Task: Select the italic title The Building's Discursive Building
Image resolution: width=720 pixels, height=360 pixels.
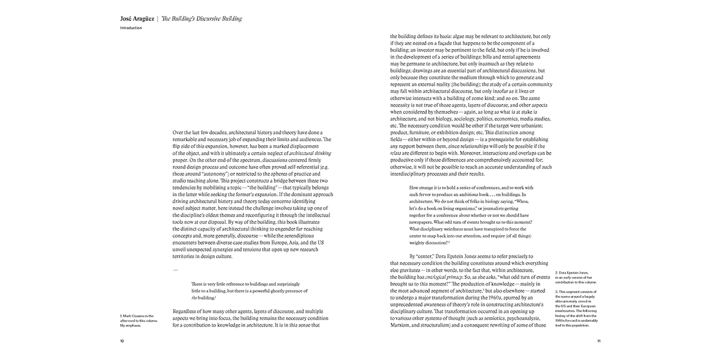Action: pyautogui.click(x=201, y=19)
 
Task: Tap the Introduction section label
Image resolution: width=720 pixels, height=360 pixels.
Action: pyautogui.click(x=131, y=28)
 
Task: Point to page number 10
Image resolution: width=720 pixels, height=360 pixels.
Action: pyautogui.click(x=122, y=341)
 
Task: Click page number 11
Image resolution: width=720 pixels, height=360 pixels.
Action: pyautogui.click(x=599, y=341)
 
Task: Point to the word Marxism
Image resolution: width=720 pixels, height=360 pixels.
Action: pyautogui.click(x=402, y=325)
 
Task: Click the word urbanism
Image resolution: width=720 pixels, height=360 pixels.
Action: pyautogui.click(x=538, y=125)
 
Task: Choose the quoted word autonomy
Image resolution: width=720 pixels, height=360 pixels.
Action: pyautogui.click(x=206, y=174)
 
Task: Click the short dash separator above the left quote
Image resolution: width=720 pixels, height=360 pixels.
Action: pyautogui.click(x=175, y=270)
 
